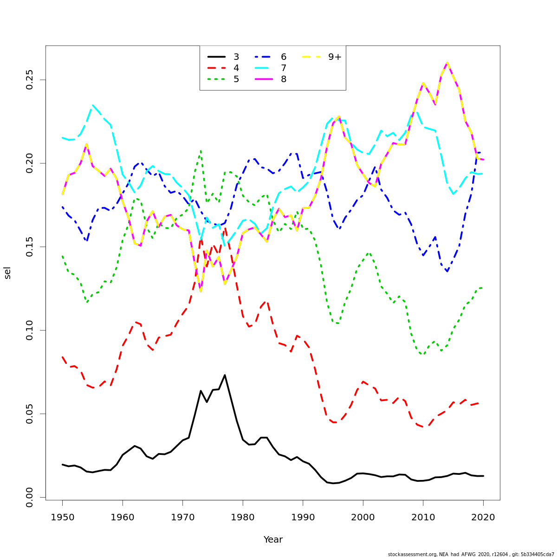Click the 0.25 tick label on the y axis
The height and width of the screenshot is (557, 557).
coord(30,80)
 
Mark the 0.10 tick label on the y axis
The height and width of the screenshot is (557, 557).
coord(30,330)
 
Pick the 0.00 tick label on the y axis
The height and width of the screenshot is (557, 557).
coord(30,497)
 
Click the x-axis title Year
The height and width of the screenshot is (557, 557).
coord(273,540)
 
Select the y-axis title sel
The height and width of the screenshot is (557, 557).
coord(7,273)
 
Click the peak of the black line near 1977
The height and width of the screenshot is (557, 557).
coord(225,375)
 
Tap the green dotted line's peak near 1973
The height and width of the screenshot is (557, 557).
coord(201,150)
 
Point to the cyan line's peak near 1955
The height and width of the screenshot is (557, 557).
coord(93,105)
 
